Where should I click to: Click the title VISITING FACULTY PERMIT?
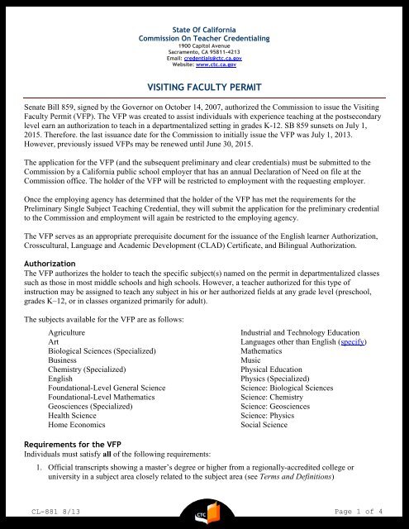204,85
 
